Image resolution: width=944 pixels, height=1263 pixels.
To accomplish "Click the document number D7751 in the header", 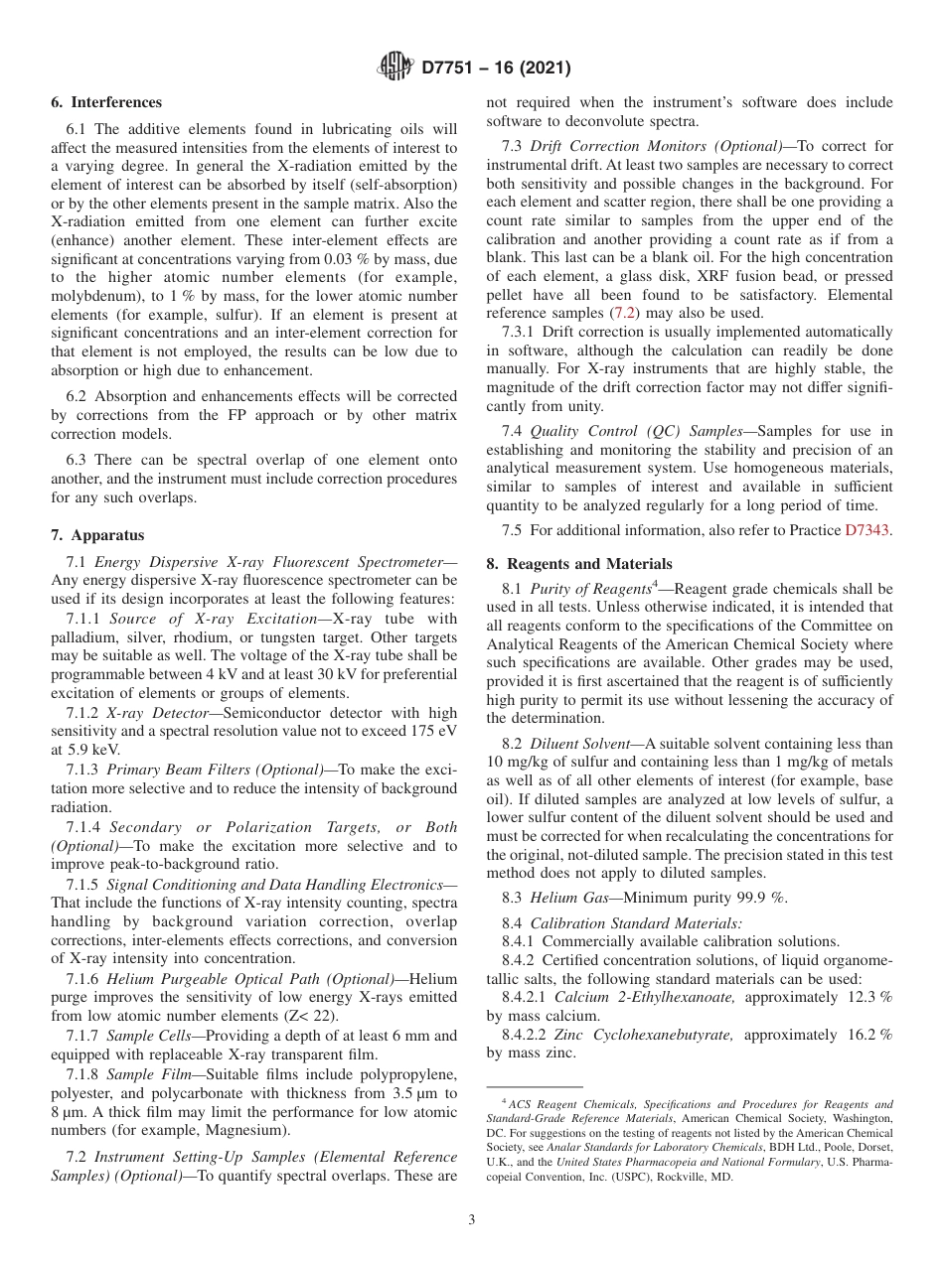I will (x=451, y=69).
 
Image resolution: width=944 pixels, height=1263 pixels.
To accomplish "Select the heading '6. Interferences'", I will (x=106, y=102).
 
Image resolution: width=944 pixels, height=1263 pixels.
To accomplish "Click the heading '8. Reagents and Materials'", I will (x=578, y=564).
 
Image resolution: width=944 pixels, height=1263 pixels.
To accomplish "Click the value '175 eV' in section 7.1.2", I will (x=432, y=731).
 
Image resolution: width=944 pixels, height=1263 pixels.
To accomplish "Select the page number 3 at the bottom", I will (x=472, y=1220).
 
